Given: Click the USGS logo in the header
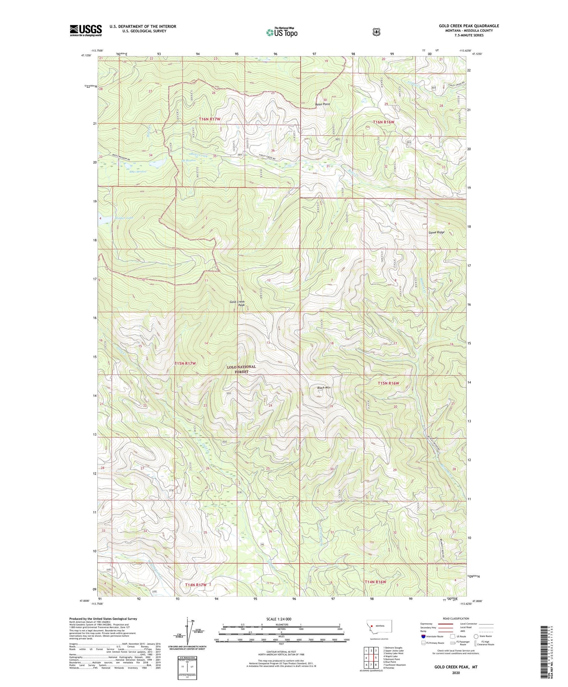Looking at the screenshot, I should point(86,30).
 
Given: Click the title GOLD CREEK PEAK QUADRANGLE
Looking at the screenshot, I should point(469,26).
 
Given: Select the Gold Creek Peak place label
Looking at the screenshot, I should point(237,304).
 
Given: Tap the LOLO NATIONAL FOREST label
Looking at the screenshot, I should point(241,369).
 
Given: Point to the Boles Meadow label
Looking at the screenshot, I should point(137,172).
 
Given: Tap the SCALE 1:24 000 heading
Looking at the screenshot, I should point(281,619).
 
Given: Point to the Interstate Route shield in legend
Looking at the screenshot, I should point(423,636).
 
